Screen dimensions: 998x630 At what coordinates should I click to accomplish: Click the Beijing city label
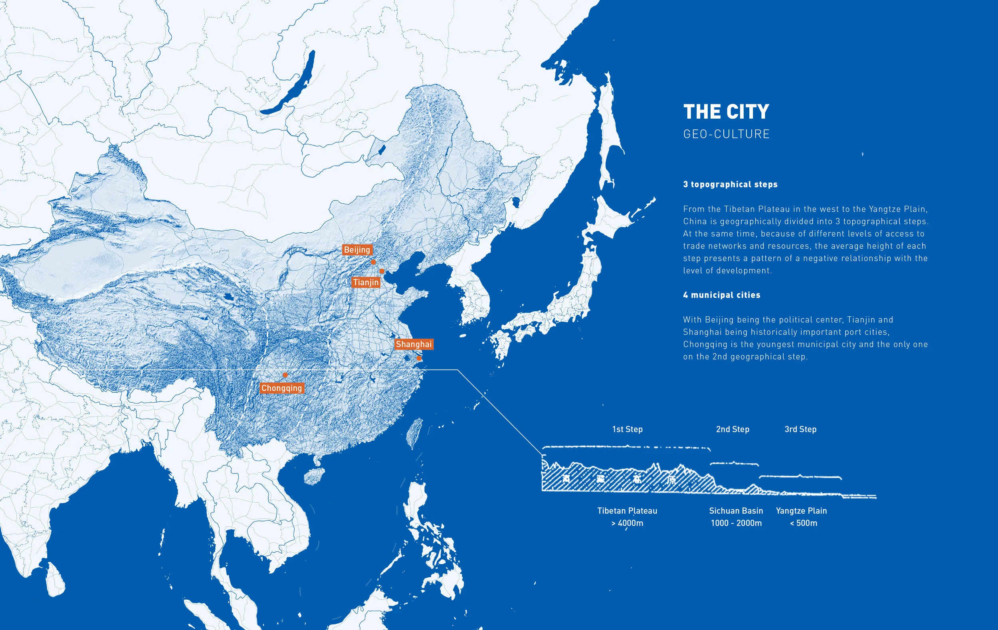[357, 250]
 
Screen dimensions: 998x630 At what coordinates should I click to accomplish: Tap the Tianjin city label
[366, 282]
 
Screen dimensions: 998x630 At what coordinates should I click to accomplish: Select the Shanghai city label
[413, 344]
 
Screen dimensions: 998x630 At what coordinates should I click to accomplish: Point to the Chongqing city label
[281, 388]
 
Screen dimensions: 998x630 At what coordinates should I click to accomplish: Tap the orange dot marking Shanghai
[419, 358]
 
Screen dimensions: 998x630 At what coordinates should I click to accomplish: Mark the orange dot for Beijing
[373, 262]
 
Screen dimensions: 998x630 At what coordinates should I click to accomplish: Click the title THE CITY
[726, 112]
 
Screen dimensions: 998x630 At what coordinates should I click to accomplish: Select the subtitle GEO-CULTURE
[726, 134]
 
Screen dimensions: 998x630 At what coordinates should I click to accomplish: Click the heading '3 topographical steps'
[730, 185]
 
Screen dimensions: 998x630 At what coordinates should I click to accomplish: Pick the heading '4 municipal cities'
[722, 295]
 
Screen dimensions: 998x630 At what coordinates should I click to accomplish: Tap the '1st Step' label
[627, 429]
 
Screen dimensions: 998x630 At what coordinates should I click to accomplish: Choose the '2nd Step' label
[733, 429]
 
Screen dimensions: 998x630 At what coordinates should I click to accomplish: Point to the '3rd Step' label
[800, 429]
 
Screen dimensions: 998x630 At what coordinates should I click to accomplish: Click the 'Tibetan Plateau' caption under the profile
[627, 511]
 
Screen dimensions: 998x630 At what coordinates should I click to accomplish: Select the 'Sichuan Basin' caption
[736, 511]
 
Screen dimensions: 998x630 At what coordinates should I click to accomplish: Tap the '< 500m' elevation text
[803, 523]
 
